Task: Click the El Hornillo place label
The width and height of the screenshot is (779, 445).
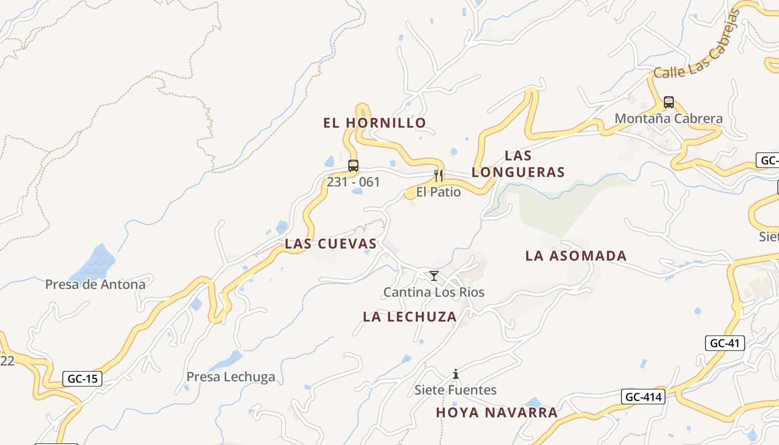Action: (x=374, y=123)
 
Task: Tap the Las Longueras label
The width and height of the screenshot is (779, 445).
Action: (x=518, y=164)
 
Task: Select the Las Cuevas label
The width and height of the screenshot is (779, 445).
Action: (x=331, y=244)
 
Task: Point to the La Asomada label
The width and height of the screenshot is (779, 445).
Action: (x=576, y=256)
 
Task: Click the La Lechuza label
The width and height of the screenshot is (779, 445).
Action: (x=410, y=317)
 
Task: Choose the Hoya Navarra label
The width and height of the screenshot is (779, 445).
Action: (x=496, y=412)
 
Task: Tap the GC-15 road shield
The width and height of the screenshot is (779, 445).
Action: (x=82, y=379)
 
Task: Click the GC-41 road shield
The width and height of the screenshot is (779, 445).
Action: (x=724, y=343)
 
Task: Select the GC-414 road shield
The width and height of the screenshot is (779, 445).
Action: (x=643, y=397)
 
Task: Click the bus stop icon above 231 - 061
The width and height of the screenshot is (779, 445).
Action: (x=353, y=166)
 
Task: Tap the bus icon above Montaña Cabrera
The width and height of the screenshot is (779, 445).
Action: (x=669, y=102)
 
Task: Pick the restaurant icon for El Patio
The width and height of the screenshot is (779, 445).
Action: (x=438, y=176)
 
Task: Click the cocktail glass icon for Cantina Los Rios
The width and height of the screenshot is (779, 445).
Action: (x=434, y=276)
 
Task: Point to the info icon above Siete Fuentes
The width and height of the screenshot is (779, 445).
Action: (x=456, y=374)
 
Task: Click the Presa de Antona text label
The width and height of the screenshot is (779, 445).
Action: (x=95, y=285)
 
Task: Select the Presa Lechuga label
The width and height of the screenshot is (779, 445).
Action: (x=230, y=377)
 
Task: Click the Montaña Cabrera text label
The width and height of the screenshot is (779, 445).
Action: (x=668, y=118)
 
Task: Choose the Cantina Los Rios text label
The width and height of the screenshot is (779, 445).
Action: (x=433, y=292)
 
